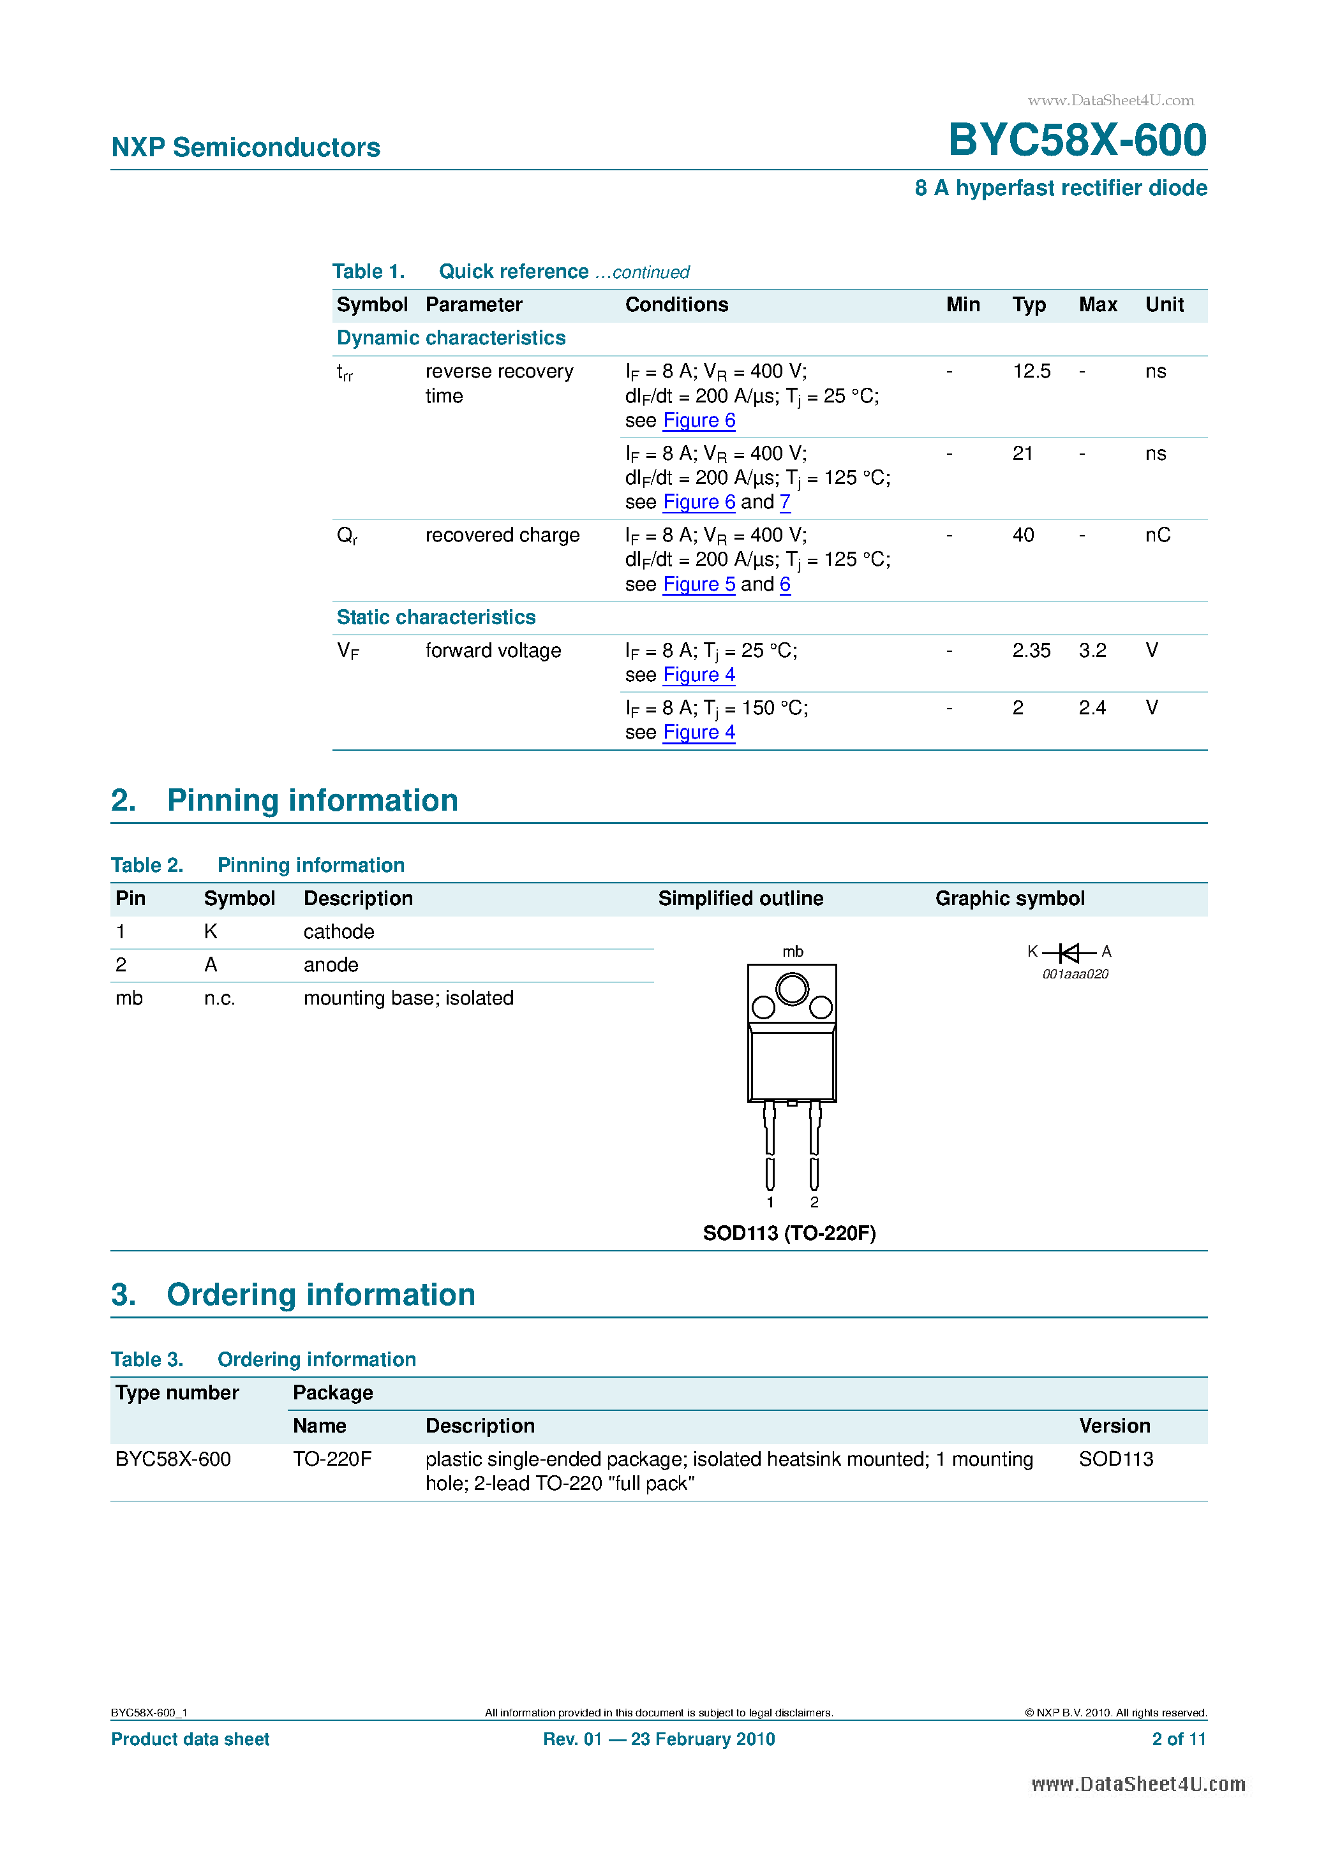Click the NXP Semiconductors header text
[246, 147]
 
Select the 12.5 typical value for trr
[1031, 371]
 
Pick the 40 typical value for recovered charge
[1022, 535]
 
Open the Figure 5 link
[698, 584]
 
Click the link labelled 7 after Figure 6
[784, 502]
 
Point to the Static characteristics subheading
[436, 617]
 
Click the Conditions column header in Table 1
[676, 305]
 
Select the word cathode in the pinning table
[338, 932]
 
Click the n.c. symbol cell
[220, 998]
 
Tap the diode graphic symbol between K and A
[1069, 952]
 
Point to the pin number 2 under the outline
[814, 1202]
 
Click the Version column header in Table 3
[1114, 1426]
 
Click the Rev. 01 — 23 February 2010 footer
[659, 1739]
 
